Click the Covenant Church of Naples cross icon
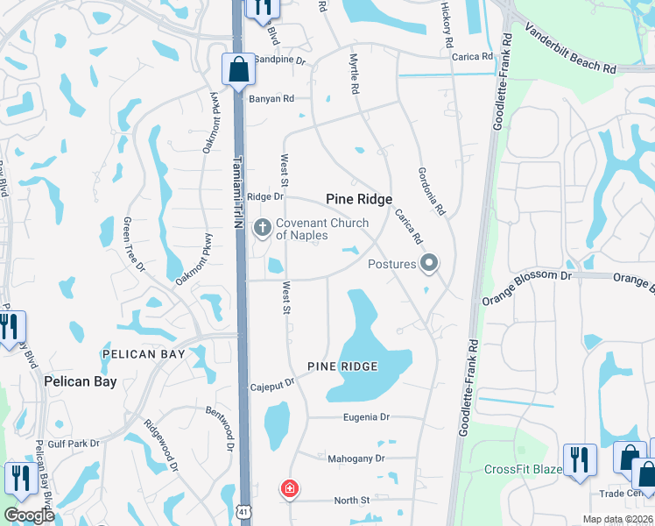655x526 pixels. (x=261, y=229)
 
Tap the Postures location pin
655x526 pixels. (x=429, y=263)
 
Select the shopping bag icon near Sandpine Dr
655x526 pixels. (x=238, y=69)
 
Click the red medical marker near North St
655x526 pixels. (x=288, y=489)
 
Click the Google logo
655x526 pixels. (x=29, y=515)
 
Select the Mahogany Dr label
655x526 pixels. (x=356, y=458)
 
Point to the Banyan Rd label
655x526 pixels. (x=271, y=99)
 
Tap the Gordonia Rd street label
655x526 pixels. (x=432, y=192)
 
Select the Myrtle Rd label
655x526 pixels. (x=355, y=74)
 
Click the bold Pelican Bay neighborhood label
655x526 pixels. (x=81, y=382)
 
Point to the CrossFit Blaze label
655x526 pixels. (x=524, y=469)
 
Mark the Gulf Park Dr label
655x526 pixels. (x=74, y=444)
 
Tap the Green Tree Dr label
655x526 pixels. (x=134, y=245)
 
